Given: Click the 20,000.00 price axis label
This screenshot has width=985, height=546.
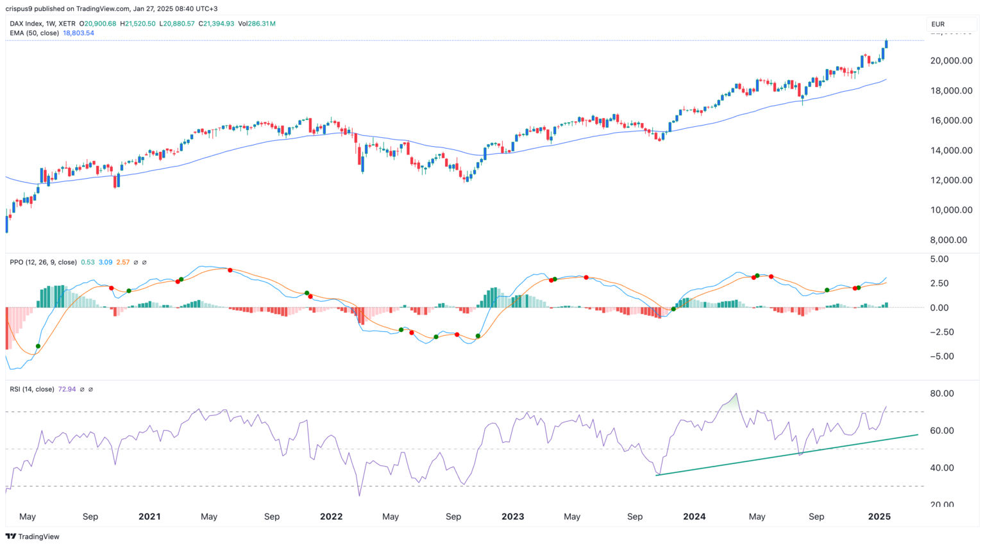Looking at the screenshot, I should point(952,61).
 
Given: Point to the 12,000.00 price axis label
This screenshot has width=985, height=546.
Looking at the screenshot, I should point(952,180).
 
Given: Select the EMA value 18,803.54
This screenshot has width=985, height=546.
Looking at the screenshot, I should point(78,33).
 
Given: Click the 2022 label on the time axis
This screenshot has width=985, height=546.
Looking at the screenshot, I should point(331,517).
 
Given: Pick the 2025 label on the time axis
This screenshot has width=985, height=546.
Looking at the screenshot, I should point(879,517).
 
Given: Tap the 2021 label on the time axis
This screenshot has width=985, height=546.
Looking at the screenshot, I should point(149,517).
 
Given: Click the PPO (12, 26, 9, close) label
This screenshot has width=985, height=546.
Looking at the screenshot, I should point(43,262).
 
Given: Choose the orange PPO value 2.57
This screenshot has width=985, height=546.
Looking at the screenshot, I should point(122,262).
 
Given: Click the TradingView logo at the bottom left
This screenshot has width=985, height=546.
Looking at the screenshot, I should point(33,536).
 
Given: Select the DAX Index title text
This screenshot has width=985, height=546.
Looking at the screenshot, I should point(28,24).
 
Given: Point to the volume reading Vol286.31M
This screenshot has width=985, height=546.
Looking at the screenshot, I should point(257,24).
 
